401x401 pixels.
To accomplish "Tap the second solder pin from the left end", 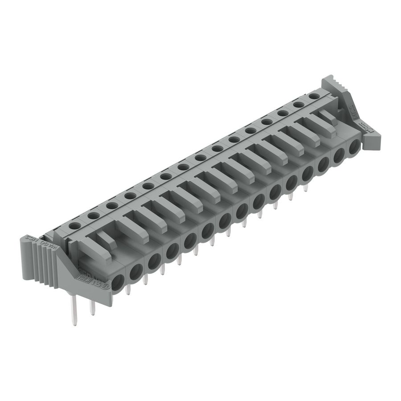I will click(x=93, y=307).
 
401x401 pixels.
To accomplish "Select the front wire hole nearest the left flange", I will click(x=117, y=282).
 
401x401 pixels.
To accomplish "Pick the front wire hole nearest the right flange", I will click(x=354, y=147).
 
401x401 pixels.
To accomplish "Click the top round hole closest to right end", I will click(x=314, y=96).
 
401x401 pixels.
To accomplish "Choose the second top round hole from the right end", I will click(x=298, y=105).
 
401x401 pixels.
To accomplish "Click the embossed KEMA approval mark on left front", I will click(x=83, y=277).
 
